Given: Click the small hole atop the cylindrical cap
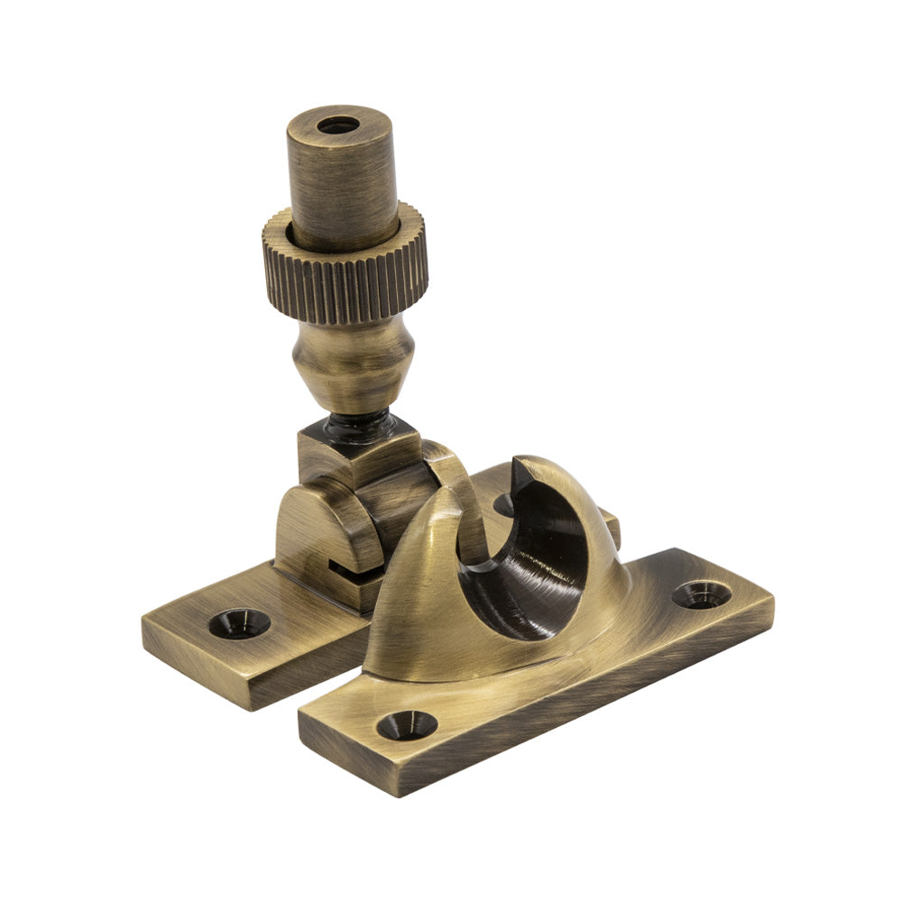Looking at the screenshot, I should pyautogui.click(x=338, y=125).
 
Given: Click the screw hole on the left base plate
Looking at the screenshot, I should pyautogui.click(x=239, y=622).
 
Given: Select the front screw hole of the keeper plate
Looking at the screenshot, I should pyautogui.click(x=406, y=724).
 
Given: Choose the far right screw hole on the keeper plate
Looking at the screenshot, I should pyautogui.click(x=702, y=594).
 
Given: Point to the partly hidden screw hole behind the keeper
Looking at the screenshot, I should pyautogui.click(x=503, y=505).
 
